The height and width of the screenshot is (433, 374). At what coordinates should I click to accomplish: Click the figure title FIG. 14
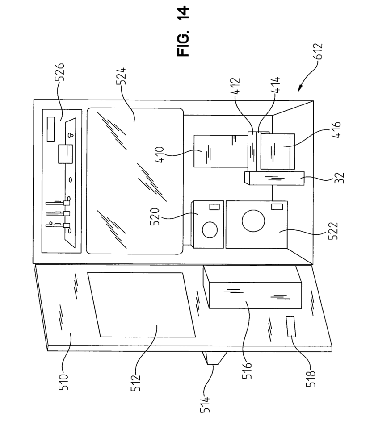(x=183, y=31)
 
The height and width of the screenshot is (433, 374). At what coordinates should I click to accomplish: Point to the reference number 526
(x=59, y=72)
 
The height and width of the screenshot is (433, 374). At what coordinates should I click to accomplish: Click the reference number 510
(x=63, y=382)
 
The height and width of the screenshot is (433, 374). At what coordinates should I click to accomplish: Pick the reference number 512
(x=135, y=382)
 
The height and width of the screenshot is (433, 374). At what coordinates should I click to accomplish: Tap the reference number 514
(x=205, y=405)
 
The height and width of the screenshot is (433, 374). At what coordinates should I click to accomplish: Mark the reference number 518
(x=311, y=379)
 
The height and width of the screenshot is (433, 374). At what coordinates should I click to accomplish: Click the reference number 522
(x=333, y=231)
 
